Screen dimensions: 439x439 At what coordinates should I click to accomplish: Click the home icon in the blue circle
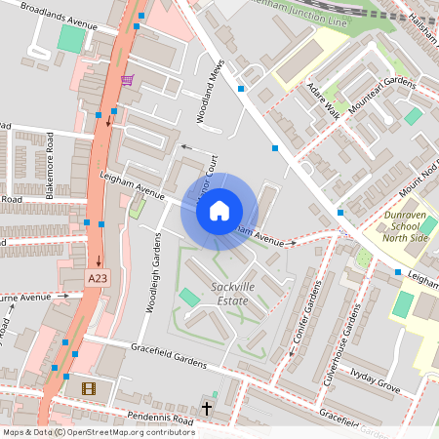(x=219, y=210)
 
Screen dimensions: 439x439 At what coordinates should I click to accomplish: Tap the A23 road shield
(x=98, y=279)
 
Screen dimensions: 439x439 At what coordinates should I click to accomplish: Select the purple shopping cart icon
(x=127, y=80)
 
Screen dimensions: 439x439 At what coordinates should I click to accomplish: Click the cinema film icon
(x=89, y=388)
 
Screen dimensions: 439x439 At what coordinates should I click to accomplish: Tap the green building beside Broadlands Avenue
(x=71, y=39)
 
